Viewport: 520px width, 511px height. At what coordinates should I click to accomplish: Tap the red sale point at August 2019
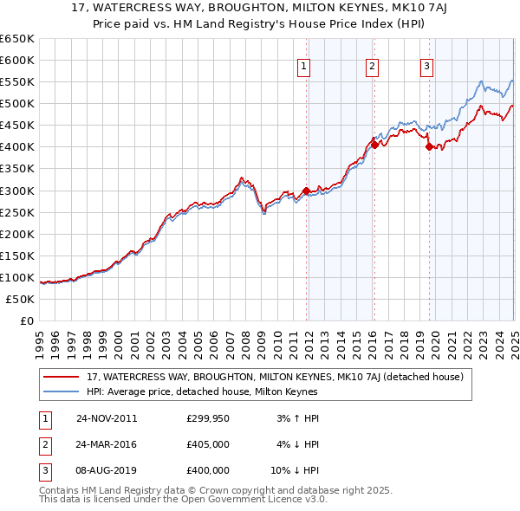(x=428, y=147)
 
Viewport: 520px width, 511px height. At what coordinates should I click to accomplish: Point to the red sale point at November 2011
(x=306, y=191)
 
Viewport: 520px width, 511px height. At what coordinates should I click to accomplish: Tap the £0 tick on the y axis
(x=26, y=320)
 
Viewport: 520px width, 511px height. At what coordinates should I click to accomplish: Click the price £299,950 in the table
(x=208, y=418)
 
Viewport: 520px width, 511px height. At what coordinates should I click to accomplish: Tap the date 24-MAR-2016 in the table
(x=107, y=444)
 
